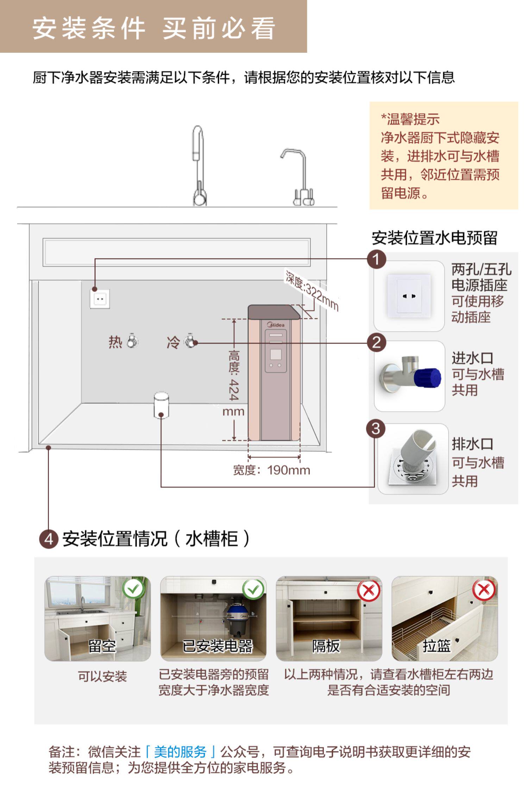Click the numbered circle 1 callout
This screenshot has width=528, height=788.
pyautogui.click(x=376, y=259)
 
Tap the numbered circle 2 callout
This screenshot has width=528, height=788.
pyautogui.click(x=376, y=342)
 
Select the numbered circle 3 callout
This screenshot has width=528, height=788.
pyautogui.click(x=376, y=429)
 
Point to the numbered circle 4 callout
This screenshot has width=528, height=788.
pyautogui.click(x=49, y=539)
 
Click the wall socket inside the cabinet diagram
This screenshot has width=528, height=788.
pyautogui.click(x=100, y=299)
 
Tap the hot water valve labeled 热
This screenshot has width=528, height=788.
pyautogui.click(x=132, y=341)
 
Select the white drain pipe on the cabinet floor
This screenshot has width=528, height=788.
pyautogui.click(x=161, y=405)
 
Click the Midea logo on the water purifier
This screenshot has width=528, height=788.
pyautogui.click(x=276, y=324)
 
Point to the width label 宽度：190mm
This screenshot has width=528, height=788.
pyautogui.click(x=271, y=470)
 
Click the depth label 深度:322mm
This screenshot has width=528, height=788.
pyautogui.click(x=312, y=291)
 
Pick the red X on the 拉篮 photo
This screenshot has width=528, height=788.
pyautogui.click(x=484, y=589)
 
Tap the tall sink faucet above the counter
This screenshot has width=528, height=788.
pyautogui.click(x=198, y=166)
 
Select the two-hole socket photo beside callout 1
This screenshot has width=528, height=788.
pyautogui.click(x=409, y=296)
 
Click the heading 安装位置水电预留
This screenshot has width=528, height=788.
pyautogui.click(x=434, y=238)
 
